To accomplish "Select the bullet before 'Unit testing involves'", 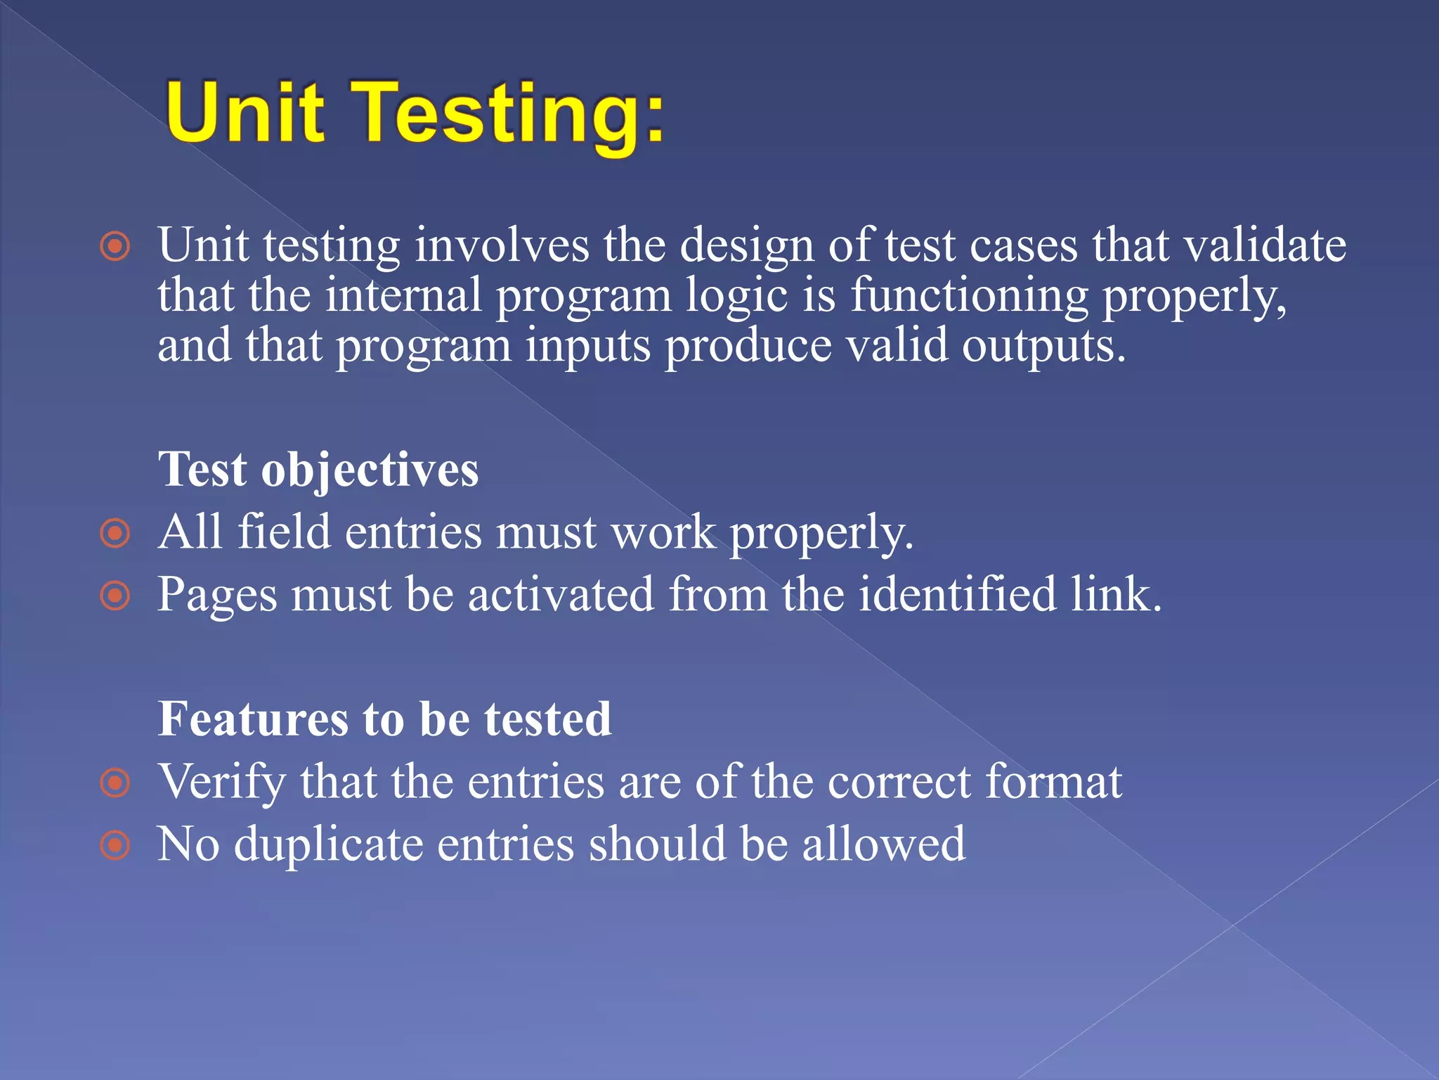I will pyautogui.click(x=115, y=246).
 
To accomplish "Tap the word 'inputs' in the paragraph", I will pyautogui.click(x=587, y=347).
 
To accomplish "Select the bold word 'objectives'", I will pyautogui.click(x=370, y=470).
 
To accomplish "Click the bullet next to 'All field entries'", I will pyautogui.click(x=115, y=533).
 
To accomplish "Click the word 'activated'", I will pyautogui.click(x=561, y=594).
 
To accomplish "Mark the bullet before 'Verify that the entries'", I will pyautogui.click(x=115, y=783).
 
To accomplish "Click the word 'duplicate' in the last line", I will pyautogui.click(x=328, y=844).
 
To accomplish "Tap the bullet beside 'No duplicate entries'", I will pyautogui.click(x=115, y=845).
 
